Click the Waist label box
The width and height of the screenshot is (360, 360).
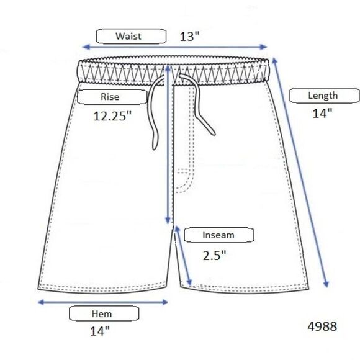131,36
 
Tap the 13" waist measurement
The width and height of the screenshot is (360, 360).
190,37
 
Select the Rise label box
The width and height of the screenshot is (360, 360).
112,97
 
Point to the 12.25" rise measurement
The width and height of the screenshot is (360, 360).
112,116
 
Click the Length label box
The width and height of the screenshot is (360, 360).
324,96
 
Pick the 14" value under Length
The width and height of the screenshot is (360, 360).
322,113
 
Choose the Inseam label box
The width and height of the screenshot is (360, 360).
219,235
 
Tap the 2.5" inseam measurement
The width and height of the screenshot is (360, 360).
214,255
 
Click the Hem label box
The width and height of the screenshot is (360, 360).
104,313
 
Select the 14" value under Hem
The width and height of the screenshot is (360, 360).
100,331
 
